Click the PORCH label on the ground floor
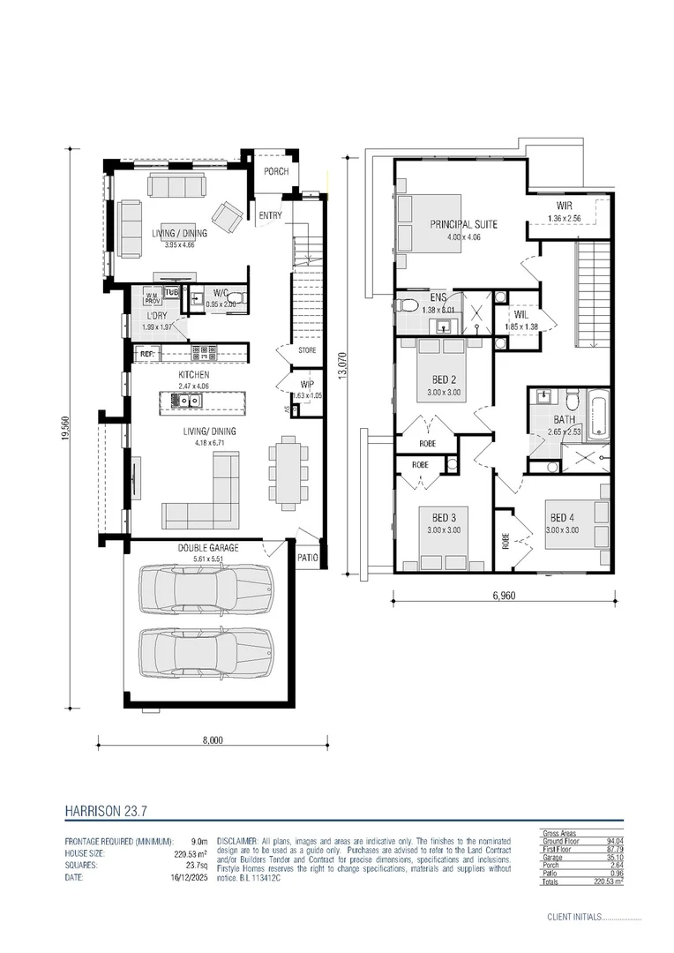coord(276,171)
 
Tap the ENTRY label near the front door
coord(270,215)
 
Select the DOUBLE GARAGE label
coord(208,547)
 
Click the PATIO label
coord(307,558)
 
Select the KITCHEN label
coord(193,375)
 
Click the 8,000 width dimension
coord(213,740)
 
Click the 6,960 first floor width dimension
coord(503,596)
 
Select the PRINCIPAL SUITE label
coord(463,224)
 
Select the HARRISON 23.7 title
coord(101,809)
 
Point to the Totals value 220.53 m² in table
coord(607,881)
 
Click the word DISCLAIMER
coord(236,841)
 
